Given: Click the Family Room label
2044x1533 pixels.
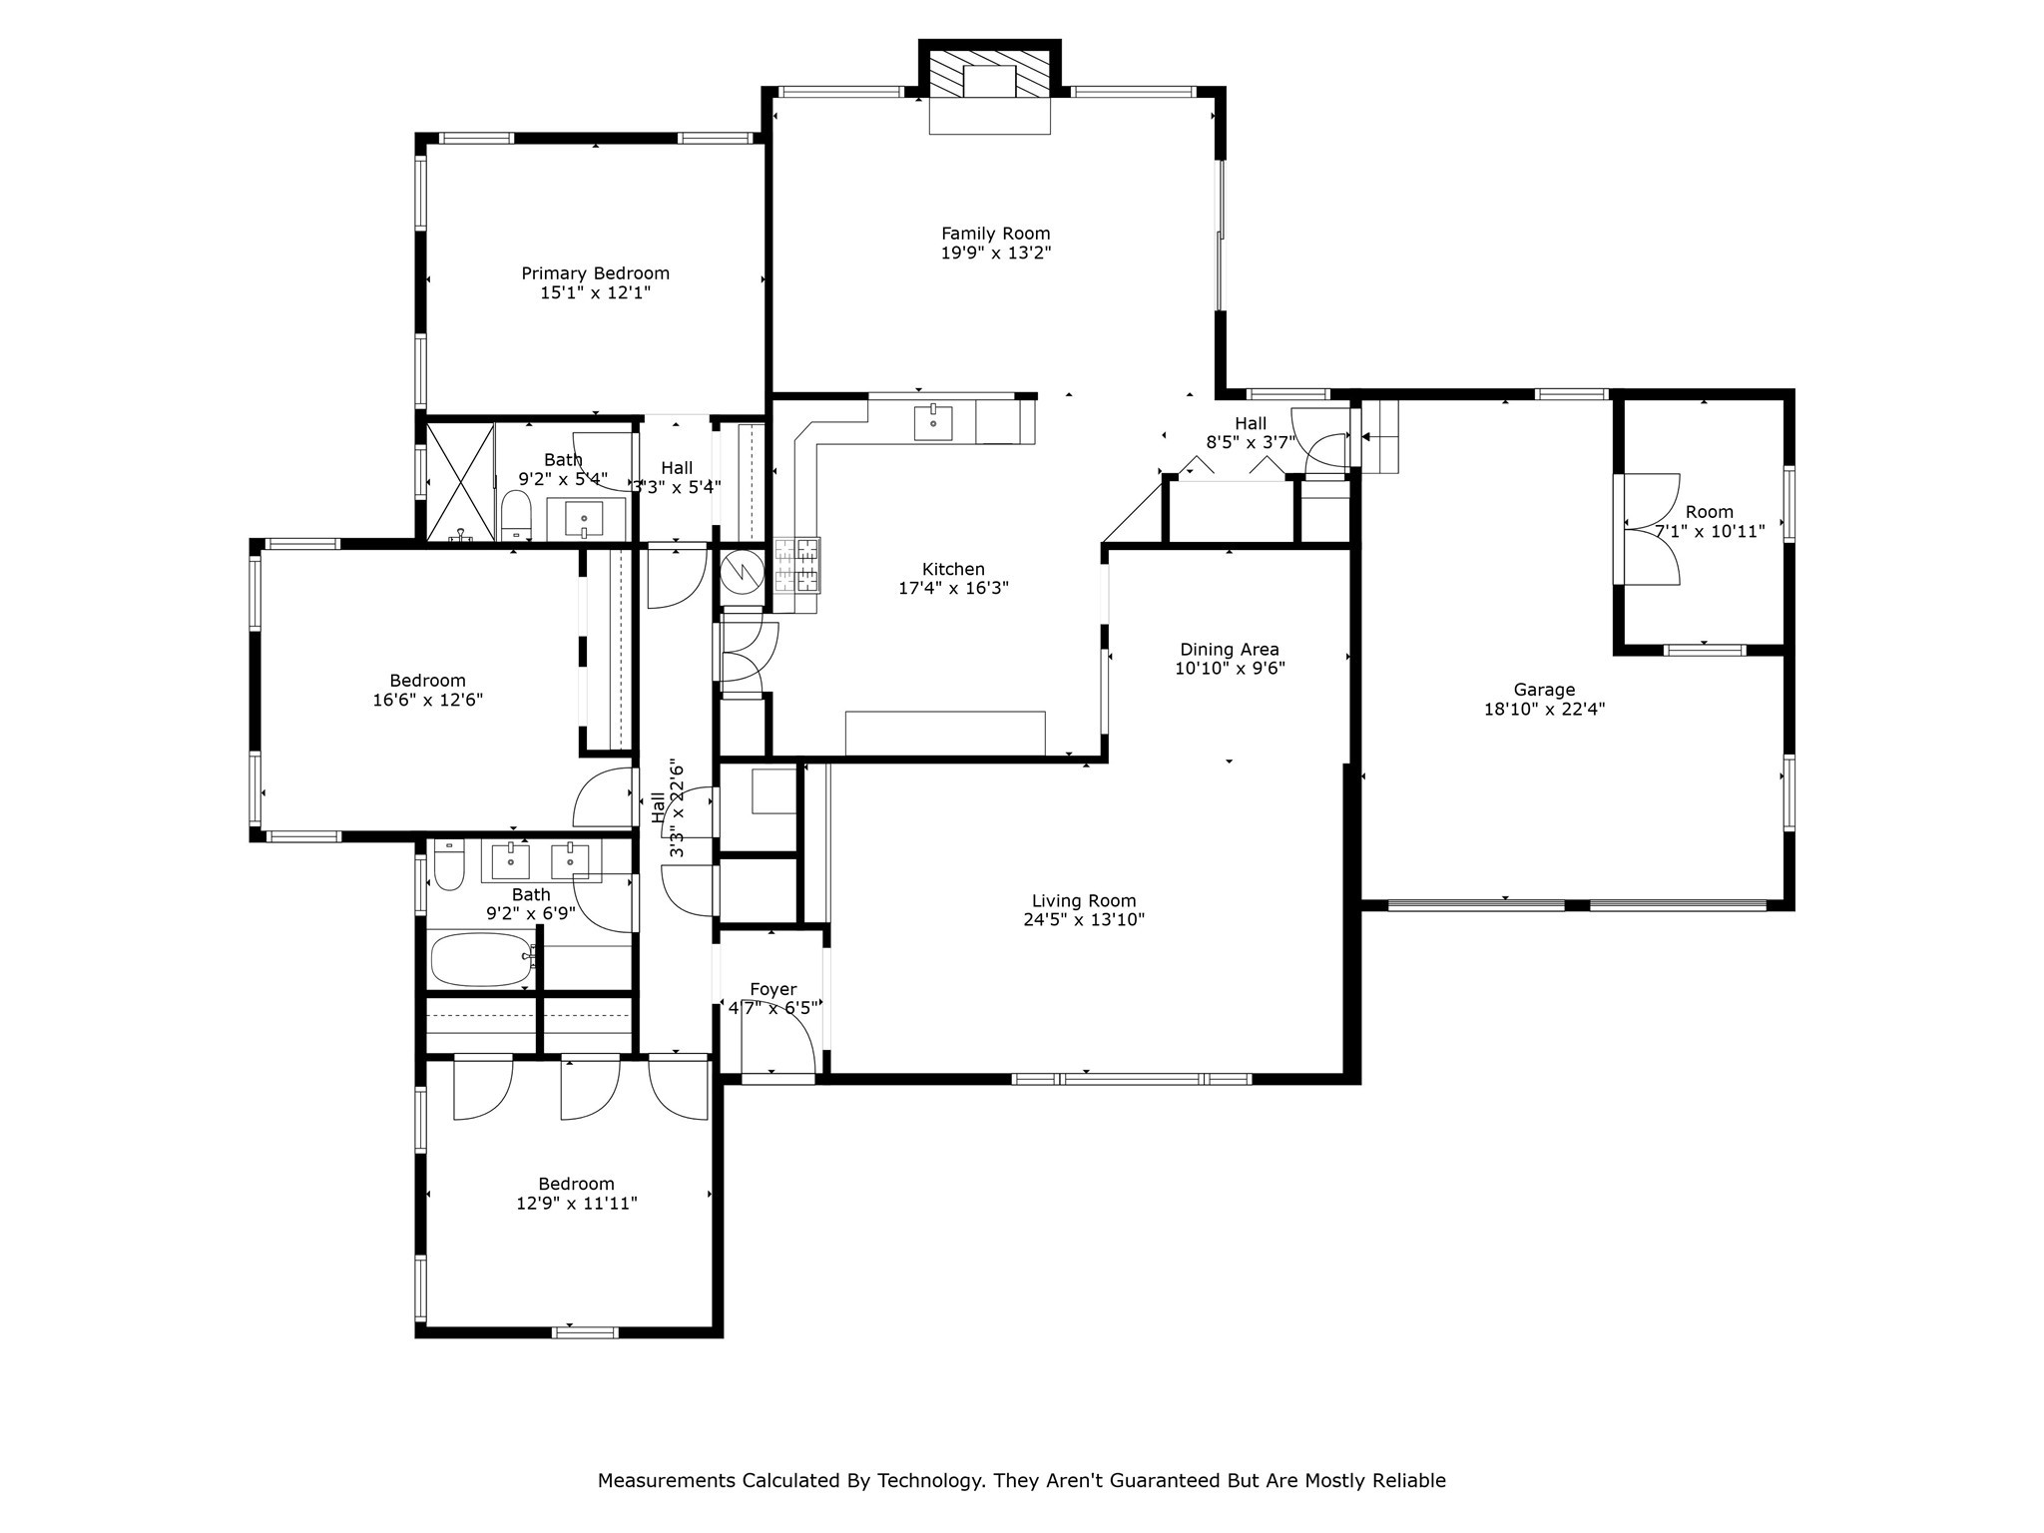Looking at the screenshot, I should click(995, 234).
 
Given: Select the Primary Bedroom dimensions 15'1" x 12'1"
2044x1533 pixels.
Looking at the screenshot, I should click(595, 292).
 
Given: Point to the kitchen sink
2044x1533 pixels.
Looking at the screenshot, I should click(933, 422).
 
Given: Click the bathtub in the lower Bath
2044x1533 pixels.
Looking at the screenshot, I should click(481, 959).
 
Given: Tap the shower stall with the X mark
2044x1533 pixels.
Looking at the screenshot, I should click(460, 482).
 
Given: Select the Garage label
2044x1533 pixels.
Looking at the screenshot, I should click(1544, 690).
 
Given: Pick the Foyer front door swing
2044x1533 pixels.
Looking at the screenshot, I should click(778, 1048).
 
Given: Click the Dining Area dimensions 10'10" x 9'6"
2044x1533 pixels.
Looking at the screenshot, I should click(1229, 669).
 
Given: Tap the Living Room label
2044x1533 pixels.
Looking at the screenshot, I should click(1083, 900).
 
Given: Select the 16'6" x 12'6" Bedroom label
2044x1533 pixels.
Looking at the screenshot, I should click(427, 681).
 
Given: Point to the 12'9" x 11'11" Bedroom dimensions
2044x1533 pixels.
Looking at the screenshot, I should click(576, 1204).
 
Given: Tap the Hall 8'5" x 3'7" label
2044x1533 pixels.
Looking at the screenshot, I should click(1250, 423).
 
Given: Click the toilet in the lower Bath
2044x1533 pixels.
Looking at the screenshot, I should click(449, 866).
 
